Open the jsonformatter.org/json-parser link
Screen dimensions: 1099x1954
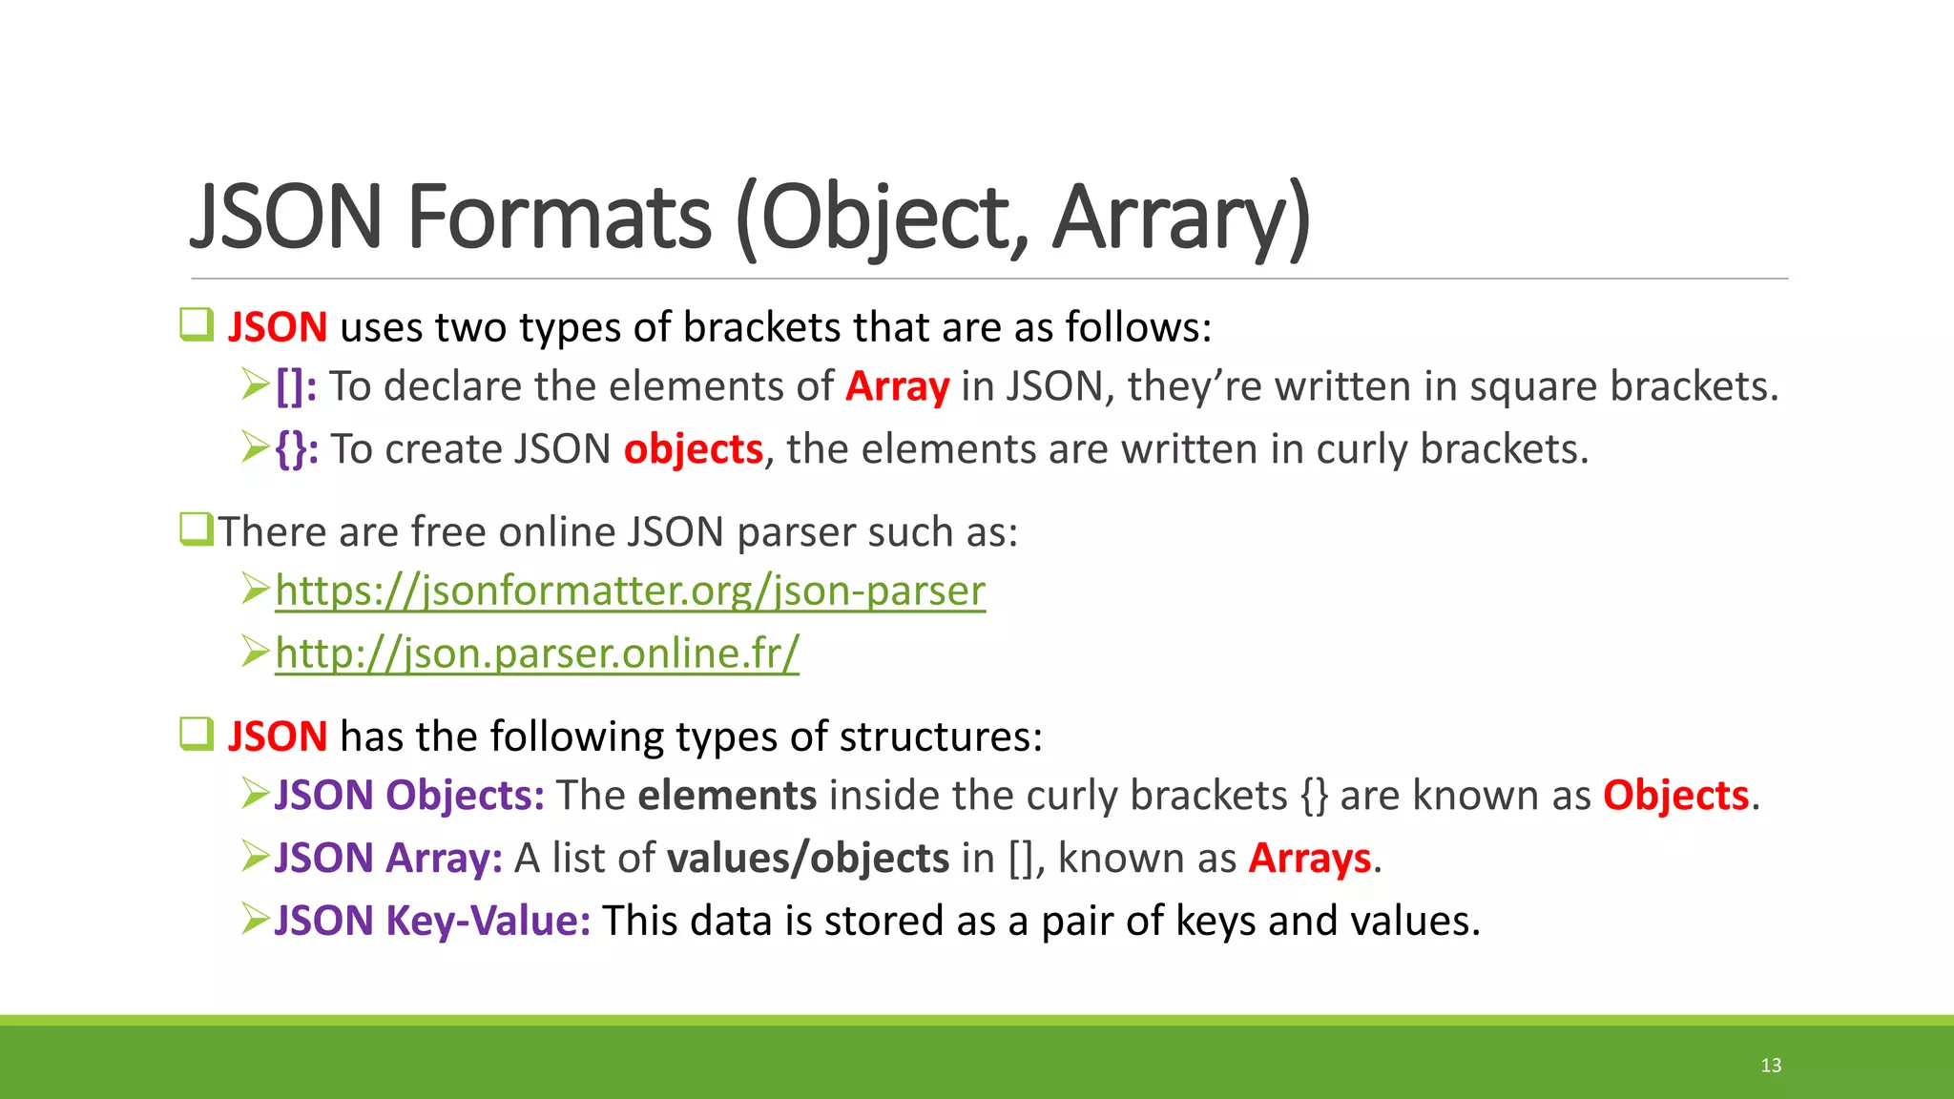[x=630, y=591]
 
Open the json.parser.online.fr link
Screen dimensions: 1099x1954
[x=537, y=653]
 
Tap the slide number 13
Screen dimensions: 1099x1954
[x=1771, y=1066]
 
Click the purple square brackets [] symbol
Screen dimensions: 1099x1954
[x=296, y=387]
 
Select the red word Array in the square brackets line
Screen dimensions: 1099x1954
[x=897, y=387]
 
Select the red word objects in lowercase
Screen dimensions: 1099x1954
[x=694, y=449]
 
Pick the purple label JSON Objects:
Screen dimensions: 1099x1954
[x=409, y=796]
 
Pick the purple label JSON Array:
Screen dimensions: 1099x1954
[x=388, y=859]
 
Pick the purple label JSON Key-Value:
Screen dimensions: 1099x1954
[x=432, y=922]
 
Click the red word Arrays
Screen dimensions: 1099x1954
[x=1310, y=859]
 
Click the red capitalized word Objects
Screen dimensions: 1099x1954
[x=1675, y=796]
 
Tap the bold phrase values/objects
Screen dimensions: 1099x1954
[x=808, y=859]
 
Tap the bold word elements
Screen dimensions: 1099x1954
[x=727, y=796]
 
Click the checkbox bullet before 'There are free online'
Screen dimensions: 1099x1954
[x=196, y=529]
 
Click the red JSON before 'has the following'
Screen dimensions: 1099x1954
[x=278, y=737]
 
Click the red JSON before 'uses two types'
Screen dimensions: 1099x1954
[x=278, y=328]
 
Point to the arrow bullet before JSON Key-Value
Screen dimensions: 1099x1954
[x=256, y=920]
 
